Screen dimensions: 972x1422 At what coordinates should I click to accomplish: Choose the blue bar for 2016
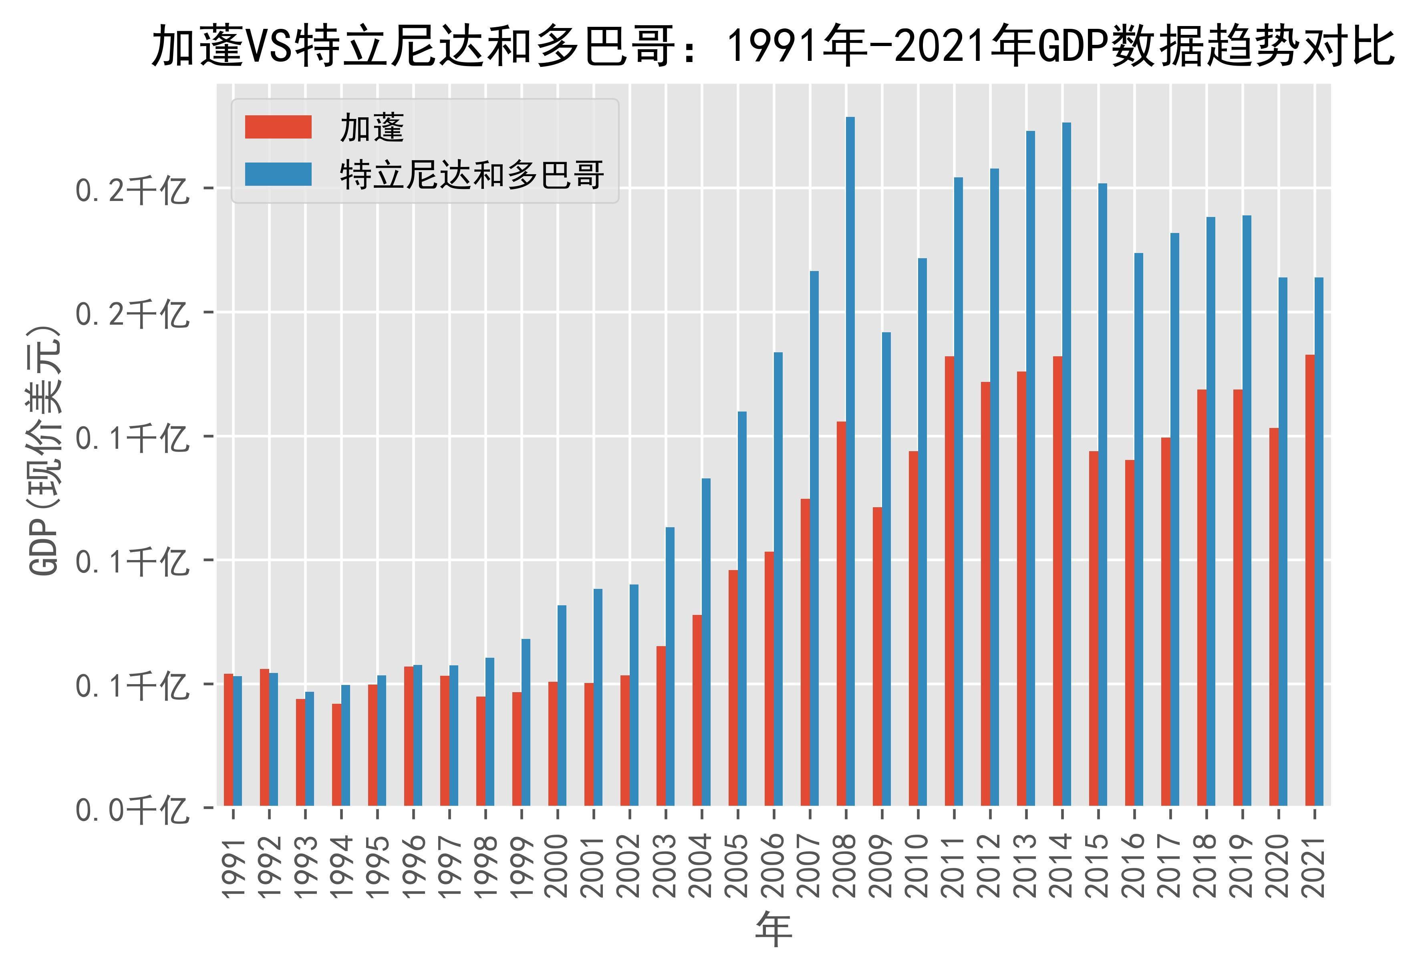tap(1139, 529)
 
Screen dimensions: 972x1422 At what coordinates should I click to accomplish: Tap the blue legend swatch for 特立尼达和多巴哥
tap(278, 174)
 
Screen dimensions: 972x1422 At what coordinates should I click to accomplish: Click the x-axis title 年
tap(774, 929)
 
